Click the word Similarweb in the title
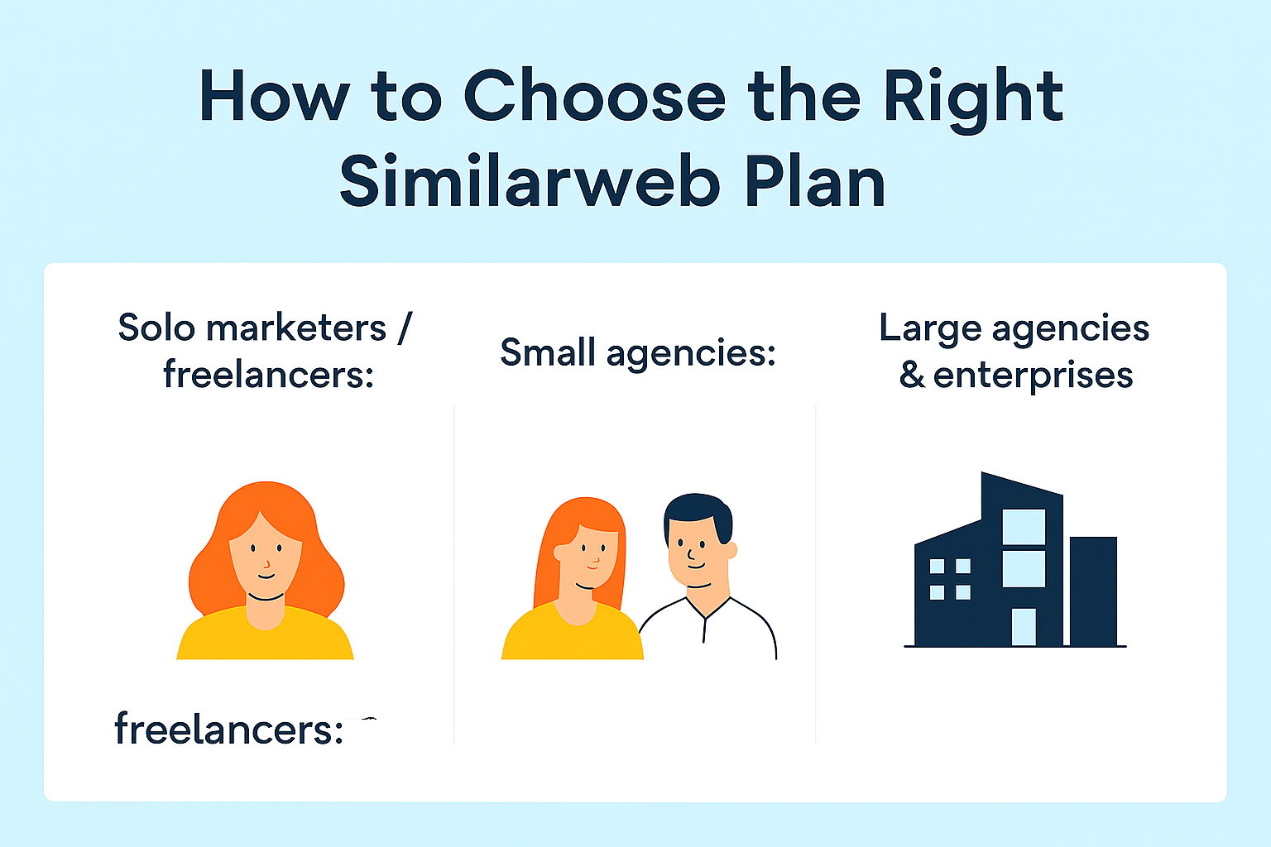coord(530,183)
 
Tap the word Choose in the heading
coord(594,98)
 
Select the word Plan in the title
coord(815,183)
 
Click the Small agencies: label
coord(638,353)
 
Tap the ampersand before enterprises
coord(912,375)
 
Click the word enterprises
coord(1033,376)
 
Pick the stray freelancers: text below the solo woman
coord(228,730)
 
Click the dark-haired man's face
coord(698,553)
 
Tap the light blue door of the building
coord(1024,627)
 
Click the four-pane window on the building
coord(950,579)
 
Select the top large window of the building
coord(1024,527)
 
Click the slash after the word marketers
coord(404,328)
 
